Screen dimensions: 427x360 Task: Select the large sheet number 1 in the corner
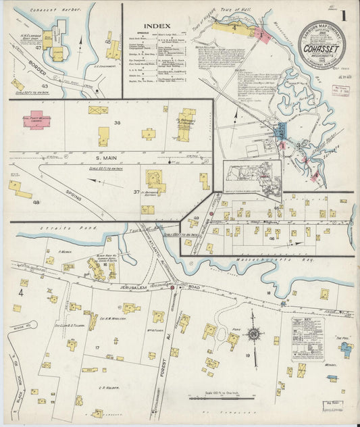(344, 14)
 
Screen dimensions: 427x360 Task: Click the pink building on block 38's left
(36, 119)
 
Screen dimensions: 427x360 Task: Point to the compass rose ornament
(254, 334)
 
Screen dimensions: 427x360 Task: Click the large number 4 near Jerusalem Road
(21, 293)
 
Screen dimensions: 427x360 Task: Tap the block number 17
(98, 347)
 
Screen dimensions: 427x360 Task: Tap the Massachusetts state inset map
(252, 172)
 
